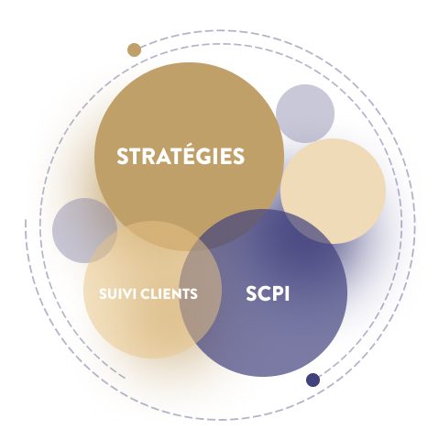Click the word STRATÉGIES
(x=181, y=155)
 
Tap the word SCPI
(x=268, y=293)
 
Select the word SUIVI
(x=117, y=293)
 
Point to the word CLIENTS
(x=169, y=293)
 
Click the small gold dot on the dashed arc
(x=134, y=50)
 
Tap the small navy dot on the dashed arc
(x=313, y=380)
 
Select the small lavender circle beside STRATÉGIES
(x=305, y=114)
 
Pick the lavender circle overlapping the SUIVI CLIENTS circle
(x=84, y=230)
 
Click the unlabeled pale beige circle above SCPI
(x=333, y=191)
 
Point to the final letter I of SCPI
(x=287, y=294)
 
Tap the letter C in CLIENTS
(x=145, y=293)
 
